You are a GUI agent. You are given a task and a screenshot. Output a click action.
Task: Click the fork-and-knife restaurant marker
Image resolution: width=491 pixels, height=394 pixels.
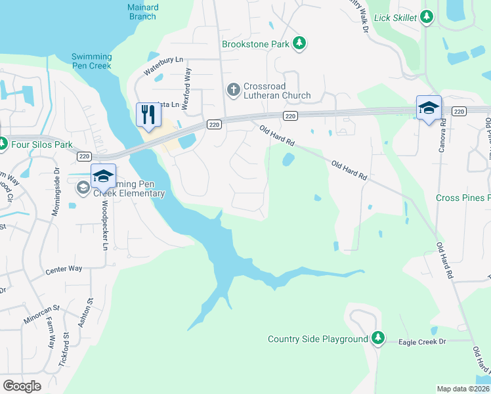click(148, 116)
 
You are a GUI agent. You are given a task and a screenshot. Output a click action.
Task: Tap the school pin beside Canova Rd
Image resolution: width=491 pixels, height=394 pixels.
click(429, 108)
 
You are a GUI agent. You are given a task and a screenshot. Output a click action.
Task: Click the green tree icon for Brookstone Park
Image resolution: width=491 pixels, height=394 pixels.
click(299, 43)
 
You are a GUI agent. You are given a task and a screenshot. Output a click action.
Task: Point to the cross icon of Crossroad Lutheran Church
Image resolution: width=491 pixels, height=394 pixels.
click(233, 89)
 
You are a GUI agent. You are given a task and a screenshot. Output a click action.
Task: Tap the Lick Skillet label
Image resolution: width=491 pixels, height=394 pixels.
click(395, 18)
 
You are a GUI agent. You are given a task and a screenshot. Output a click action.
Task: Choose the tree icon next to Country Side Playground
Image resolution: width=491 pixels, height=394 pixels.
click(377, 339)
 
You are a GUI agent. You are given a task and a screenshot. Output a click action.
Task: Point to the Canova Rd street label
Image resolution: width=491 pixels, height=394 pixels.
click(443, 132)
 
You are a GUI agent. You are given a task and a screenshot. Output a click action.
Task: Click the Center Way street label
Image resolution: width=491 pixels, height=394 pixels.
click(64, 269)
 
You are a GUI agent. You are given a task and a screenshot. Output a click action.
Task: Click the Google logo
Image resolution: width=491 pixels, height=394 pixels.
click(22, 385)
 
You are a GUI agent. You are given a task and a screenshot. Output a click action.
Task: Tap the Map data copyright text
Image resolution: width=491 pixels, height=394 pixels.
click(463, 389)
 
